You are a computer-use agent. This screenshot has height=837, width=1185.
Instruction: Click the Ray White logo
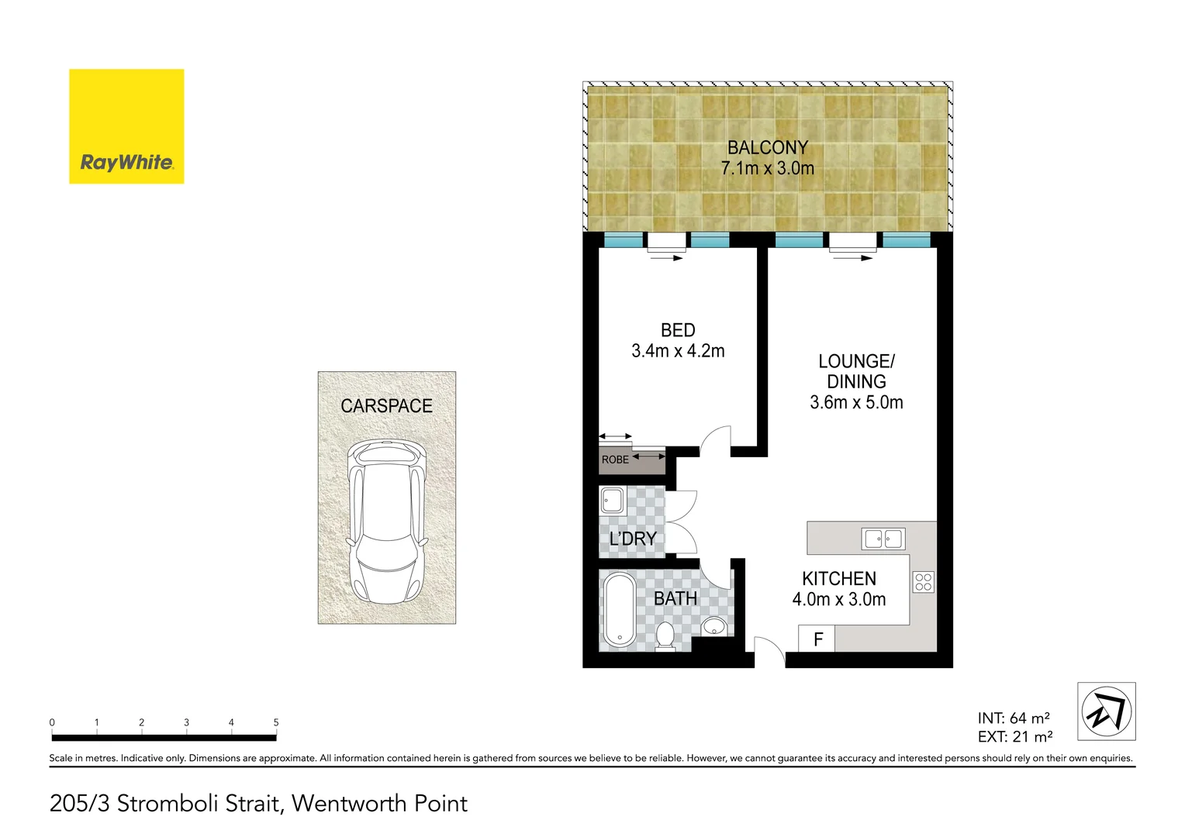pyautogui.click(x=126, y=127)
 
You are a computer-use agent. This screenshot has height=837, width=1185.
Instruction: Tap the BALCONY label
pyautogui.click(x=767, y=147)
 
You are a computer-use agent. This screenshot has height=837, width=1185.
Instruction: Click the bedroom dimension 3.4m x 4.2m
pyautogui.click(x=678, y=351)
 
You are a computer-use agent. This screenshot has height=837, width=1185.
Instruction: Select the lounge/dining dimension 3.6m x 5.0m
pyautogui.click(x=856, y=402)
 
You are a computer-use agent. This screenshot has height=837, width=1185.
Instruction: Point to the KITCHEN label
pyautogui.click(x=838, y=579)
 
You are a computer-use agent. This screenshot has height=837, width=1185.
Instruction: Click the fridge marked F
pyautogui.click(x=817, y=640)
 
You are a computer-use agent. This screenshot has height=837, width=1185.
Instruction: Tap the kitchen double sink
pyautogui.click(x=883, y=539)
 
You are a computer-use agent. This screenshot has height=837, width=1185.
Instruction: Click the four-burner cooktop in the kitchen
pyautogui.click(x=923, y=582)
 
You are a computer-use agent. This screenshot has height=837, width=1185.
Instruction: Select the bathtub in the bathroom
pyautogui.click(x=619, y=610)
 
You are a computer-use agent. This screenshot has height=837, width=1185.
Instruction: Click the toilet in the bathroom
pyautogui.click(x=665, y=635)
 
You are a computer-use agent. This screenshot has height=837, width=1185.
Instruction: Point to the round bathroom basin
pyautogui.click(x=714, y=626)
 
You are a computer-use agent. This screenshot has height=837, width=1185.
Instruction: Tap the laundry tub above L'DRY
pyautogui.click(x=612, y=501)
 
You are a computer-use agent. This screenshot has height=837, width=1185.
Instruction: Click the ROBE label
pyautogui.click(x=615, y=460)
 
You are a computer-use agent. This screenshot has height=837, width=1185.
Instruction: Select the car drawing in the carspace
pyautogui.click(x=386, y=523)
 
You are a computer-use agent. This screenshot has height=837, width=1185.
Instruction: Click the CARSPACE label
pyautogui.click(x=386, y=406)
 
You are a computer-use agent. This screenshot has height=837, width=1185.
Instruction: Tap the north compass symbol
pyautogui.click(x=1106, y=711)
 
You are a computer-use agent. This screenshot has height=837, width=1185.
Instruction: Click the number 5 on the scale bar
pyautogui.click(x=276, y=722)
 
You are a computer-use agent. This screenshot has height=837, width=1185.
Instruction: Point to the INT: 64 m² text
pyautogui.click(x=1013, y=718)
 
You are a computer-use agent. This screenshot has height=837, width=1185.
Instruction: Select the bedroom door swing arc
pyautogui.click(x=715, y=440)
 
